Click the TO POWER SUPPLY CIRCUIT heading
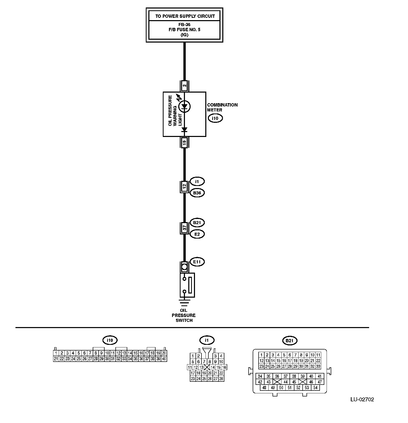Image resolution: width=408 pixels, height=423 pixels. tap(185, 16)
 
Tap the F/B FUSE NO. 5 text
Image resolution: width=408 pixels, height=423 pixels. tap(184, 30)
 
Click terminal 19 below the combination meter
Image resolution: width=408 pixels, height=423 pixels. tap(184, 143)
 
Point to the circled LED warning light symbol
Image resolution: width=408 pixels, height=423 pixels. tap(184, 106)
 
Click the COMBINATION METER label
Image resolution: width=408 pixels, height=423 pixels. tap(222, 107)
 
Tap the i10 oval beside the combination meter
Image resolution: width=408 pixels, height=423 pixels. tap(215, 118)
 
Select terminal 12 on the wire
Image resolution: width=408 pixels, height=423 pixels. tap(184, 186)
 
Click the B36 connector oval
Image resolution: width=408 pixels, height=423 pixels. tap(197, 193)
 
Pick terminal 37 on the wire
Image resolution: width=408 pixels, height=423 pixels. tap(184, 228)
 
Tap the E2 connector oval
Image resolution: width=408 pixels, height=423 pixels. tap(197, 234)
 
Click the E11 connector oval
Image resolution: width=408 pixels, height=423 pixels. tap(197, 262)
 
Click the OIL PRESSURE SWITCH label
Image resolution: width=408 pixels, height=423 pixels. tap(184, 315)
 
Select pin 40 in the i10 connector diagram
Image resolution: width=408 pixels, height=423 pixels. tap(164, 359)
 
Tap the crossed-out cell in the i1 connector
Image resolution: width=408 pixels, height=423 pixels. tap(207, 367)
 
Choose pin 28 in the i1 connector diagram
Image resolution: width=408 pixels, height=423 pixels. tap(221, 379)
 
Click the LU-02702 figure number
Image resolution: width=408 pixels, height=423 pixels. tap(362, 400)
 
